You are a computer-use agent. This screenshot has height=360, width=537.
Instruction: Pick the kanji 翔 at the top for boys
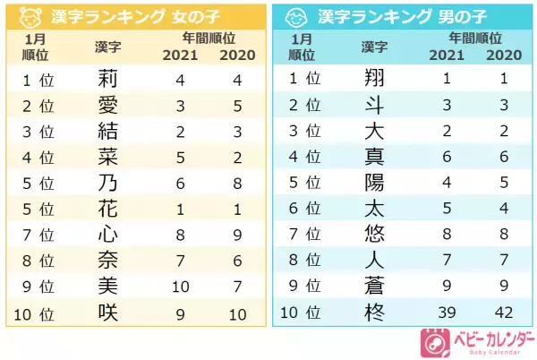(x=375, y=78)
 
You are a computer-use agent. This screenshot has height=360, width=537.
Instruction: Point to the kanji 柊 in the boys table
(x=375, y=313)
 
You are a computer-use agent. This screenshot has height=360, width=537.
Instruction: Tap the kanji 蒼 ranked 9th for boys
(x=375, y=287)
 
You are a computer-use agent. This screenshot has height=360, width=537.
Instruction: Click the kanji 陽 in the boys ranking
(x=375, y=183)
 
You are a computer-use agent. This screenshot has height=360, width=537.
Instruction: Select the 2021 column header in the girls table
(x=181, y=55)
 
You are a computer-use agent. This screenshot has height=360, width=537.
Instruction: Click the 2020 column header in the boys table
(x=504, y=55)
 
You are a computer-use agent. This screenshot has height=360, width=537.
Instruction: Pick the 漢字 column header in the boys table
(x=375, y=46)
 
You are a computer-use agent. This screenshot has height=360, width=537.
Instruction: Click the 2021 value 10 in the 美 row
(x=181, y=287)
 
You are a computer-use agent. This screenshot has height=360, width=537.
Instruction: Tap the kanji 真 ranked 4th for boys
(x=375, y=157)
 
